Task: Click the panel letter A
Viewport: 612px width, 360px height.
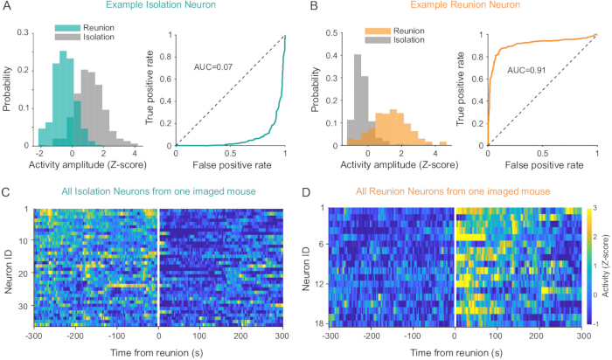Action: pyautogui.click(x=6, y=5)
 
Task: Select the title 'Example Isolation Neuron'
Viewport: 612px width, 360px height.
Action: pyautogui.click(x=161, y=5)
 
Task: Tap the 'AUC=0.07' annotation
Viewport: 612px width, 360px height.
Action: pyautogui.click(x=213, y=67)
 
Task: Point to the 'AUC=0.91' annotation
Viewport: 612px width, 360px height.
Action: pyautogui.click(x=526, y=71)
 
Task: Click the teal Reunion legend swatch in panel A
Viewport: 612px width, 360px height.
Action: pyautogui.click(x=67, y=28)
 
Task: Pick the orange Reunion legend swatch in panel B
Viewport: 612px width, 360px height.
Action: pyautogui.click(x=378, y=31)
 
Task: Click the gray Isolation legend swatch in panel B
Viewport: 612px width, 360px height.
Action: pyautogui.click(x=378, y=40)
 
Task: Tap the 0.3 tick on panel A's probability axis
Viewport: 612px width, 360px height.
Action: pyautogui.click(x=23, y=32)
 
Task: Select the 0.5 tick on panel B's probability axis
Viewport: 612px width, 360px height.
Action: pyautogui.click(x=331, y=32)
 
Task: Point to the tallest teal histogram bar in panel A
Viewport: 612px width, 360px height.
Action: pyautogui.click(x=63, y=98)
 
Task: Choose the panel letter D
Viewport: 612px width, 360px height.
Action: pyautogui.click(x=306, y=192)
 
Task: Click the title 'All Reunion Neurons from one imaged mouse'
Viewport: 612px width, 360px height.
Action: pyautogui.click(x=453, y=191)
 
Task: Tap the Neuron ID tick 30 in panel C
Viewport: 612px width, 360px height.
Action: pyautogui.click(x=23, y=306)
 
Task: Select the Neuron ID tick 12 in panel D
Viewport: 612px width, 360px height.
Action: pyautogui.click(x=319, y=284)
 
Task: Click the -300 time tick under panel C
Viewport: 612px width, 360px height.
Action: pyautogui.click(x=33, y=336)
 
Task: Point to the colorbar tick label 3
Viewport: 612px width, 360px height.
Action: pyautogui.click(x=595, y=209)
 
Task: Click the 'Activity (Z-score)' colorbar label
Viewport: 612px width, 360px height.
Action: pyautogui.click(x=606, y=266)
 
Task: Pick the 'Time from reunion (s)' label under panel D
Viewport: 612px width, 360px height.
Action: pyautogui.click(x=456, y=353)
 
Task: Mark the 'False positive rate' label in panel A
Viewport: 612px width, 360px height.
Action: pyautogui.click(x=232, y=165)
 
